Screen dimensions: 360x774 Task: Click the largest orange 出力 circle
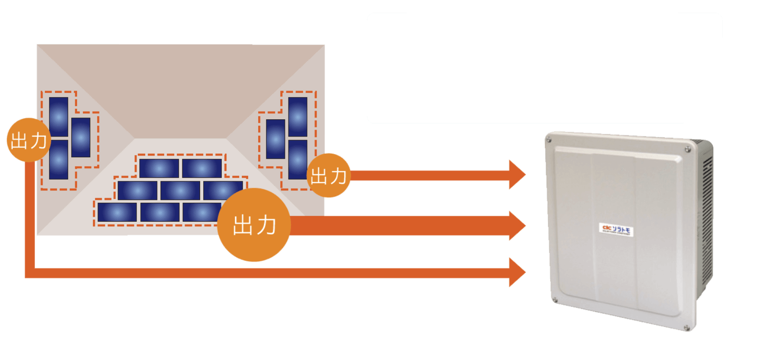pyautogui.click(x=254, y=225)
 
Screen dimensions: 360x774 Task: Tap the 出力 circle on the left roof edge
pyautogui.click(x=29, y=140)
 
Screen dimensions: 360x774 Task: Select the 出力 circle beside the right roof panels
pyautogui.click(x=328, y=175)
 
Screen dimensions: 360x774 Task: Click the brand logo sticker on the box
pyautogui.click(x=616, y=230)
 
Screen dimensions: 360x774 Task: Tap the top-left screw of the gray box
pyautogui.click(x=549, y=140)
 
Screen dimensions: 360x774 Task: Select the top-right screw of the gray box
pyautogui.click(x=688, y=149)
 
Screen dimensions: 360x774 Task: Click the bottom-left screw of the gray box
pyautogui.click(x=554, y=300)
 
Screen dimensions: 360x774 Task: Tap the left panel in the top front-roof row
pyautogui.click(x=159, y=168)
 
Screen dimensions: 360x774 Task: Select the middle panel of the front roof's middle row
pyautogui.click(x=180, y=190)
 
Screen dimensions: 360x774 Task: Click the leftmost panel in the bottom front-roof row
pyautogui.click(x=117, y=212)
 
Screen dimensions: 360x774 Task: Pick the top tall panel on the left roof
pyautogui.click(x=59, y=117)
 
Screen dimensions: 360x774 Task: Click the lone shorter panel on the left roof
pyautogui.click(x=81, y=137)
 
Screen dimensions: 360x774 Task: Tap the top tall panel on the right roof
pyautogui.click(x=298, y=117)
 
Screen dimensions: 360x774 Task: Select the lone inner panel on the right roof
pyautogui.click(x=275, y=139)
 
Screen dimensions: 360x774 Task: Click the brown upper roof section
pyautogui.click(x=181, y=91)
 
